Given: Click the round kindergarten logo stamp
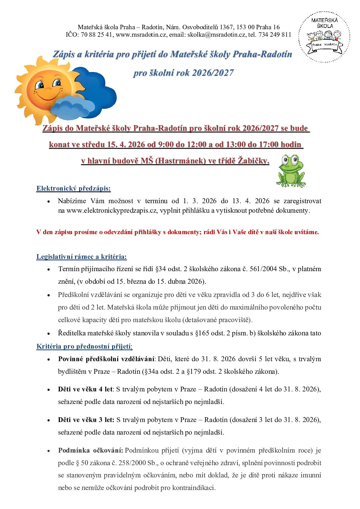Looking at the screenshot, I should click(324, 37).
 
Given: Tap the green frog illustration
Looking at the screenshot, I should click(291, 171).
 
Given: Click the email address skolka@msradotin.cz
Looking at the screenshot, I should click(216, 35).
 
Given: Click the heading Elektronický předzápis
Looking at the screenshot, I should click(73, 189).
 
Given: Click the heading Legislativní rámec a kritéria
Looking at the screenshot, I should click(82, 257).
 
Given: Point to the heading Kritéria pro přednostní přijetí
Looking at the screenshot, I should click(84, 347).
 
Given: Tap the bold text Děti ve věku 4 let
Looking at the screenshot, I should click(85, 389).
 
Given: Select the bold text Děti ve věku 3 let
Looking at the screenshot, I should click(86, 420).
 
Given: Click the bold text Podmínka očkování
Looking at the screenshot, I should click(90, 451).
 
